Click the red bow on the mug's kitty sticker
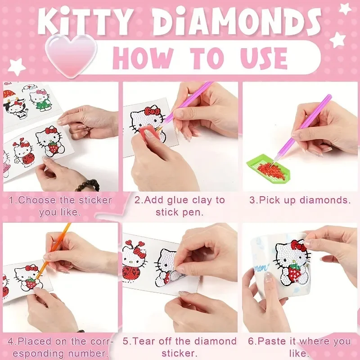pos(299,245)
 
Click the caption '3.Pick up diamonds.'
pos(299,200)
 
